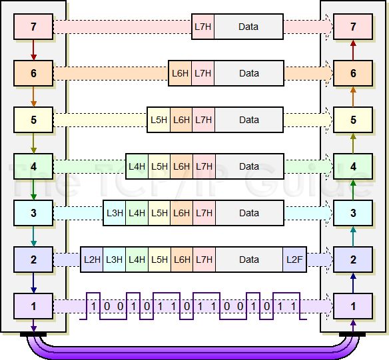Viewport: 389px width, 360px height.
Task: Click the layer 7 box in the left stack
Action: [33, 27]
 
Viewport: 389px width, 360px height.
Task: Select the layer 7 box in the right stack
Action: [353, 27]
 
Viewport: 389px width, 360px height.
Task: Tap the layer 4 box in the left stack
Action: [33, 166]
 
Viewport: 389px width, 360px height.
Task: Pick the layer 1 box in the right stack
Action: [353, 306]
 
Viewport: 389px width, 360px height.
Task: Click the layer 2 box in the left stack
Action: [33, 260]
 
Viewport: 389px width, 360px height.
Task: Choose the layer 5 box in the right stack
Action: [353, 120]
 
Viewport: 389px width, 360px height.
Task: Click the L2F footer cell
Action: [295, 260]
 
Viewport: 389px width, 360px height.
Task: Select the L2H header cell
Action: [92, 260]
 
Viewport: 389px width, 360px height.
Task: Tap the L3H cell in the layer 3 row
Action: [115, 213]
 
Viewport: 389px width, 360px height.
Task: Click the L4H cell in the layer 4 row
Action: [137, 166]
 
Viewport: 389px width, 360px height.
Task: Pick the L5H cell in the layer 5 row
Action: [159, 120]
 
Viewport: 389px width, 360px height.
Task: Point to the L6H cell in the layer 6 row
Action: [180, 73]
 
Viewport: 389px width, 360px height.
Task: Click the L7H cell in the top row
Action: [202, 27]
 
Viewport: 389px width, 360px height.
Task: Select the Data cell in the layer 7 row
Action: [248, 27]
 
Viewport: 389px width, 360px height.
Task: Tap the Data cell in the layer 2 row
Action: [248, 260]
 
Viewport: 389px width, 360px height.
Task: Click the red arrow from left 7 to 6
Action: [33, 50]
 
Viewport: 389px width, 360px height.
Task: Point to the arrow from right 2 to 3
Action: [353, 236]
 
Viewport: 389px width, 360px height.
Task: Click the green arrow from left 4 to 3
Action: [33, 190]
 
